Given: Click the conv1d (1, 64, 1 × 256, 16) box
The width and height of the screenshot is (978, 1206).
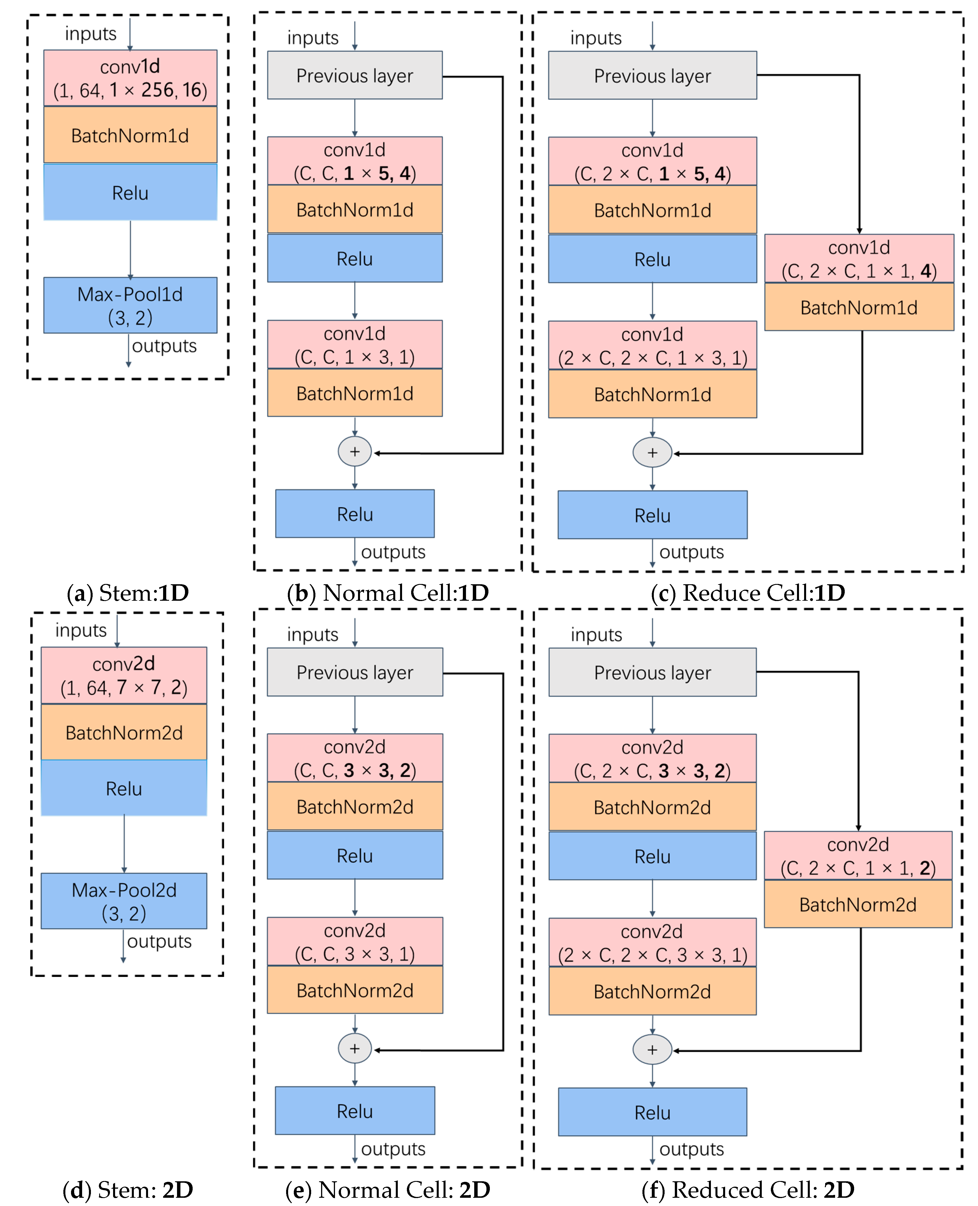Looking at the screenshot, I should point(130,78).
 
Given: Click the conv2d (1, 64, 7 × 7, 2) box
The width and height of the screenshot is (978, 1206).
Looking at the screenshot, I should point(124,675).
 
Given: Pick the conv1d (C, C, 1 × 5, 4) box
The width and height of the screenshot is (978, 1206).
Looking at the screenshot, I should point(355,161).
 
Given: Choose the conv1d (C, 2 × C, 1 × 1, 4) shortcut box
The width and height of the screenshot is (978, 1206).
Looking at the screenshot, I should point(859,259).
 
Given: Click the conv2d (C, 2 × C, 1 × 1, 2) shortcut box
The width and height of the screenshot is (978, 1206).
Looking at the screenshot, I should point(858,856).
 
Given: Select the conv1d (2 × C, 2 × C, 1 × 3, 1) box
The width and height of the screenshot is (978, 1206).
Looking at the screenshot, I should point(652,345).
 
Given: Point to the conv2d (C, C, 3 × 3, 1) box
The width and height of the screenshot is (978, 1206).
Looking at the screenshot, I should point(355,942).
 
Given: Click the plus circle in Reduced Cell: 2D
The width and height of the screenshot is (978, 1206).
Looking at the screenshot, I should point(652,1050).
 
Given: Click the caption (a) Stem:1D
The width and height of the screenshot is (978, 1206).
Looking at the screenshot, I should point(128,592).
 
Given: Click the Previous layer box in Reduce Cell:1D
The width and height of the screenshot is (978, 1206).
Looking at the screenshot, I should point(652,76).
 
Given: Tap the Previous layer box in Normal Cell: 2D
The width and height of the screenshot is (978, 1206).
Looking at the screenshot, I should point(355,672).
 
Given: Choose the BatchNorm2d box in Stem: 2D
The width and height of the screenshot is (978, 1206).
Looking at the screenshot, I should point(124,732).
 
